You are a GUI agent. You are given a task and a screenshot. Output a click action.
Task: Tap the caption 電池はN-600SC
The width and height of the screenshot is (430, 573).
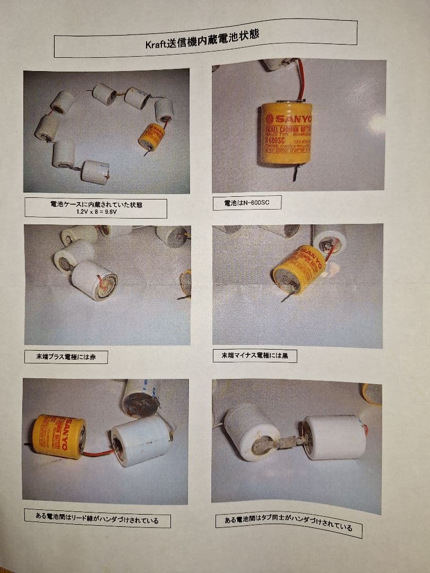[246, 202]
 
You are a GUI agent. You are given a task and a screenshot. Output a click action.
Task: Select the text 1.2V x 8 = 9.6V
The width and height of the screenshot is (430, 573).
[96, 211]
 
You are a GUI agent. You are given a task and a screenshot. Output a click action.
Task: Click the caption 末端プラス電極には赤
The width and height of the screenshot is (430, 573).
[66, 357]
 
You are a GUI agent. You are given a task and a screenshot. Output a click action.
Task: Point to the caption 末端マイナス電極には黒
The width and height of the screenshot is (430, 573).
[255, 355]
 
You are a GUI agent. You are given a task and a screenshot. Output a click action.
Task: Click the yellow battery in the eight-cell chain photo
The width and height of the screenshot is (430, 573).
[152, 137]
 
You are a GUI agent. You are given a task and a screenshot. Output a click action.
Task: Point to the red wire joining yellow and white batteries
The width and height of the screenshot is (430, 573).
[98, 453]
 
